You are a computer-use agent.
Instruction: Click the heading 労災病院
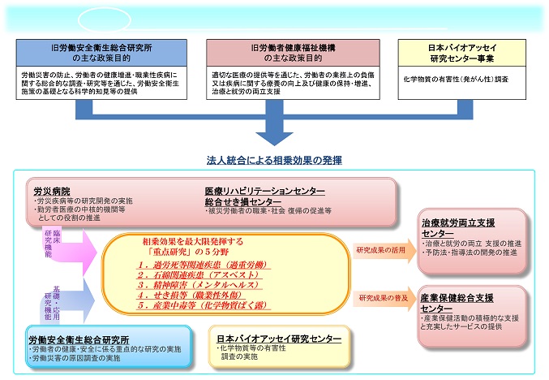point(49,189)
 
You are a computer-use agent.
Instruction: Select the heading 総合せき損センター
point(238,201)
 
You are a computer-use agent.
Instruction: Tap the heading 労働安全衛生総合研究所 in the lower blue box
point(79,339)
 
